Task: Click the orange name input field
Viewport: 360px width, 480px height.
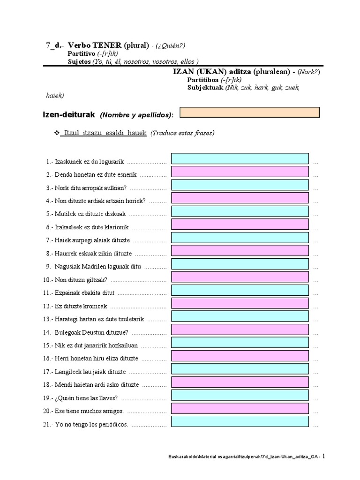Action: coord(250,112)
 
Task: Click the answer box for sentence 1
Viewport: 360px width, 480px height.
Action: coord(240,159)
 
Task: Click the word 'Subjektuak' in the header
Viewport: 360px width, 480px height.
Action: coord(205,88)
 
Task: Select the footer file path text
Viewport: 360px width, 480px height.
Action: coord(243,457)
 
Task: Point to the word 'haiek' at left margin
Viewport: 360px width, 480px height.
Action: coord(54,96)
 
